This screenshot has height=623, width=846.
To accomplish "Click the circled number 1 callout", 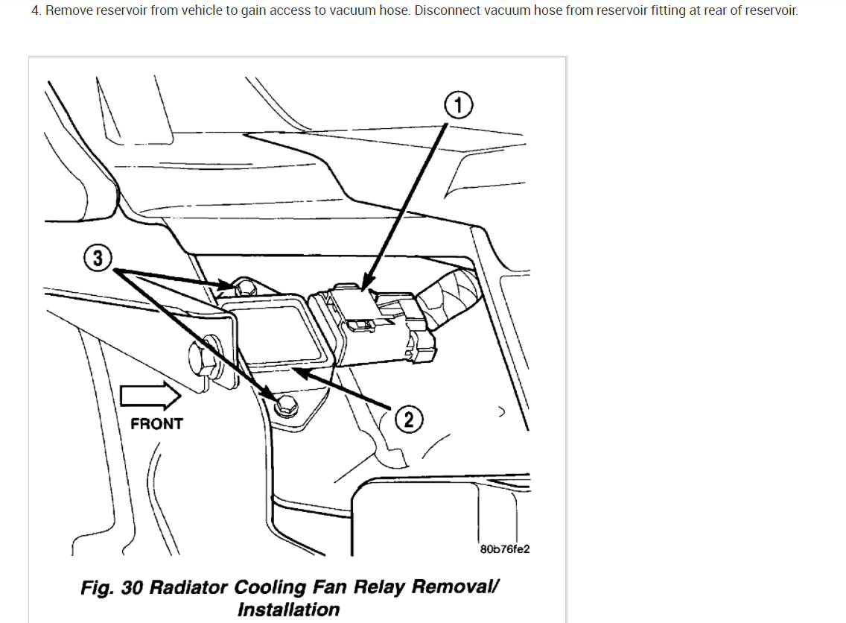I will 459,106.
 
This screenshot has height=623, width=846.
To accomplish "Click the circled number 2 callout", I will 408,420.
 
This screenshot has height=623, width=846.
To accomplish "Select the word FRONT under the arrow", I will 156,424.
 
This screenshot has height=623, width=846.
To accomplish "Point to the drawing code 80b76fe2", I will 505,549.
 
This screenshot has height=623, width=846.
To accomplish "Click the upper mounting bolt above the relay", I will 243,285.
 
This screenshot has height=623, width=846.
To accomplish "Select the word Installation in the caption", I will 288,610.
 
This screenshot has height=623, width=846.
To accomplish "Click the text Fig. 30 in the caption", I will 112,587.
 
